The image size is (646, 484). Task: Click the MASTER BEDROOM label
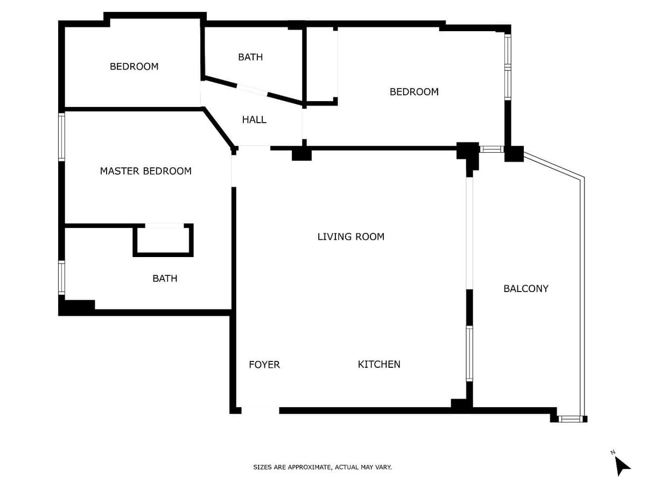[146, 170]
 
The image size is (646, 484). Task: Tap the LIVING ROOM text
[350, 237]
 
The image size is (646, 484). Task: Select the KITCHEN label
[379, 364]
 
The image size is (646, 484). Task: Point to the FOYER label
[264, 365]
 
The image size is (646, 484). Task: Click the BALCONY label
[525, 288]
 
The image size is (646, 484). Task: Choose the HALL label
[254, 119]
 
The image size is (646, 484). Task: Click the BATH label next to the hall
[250, 56]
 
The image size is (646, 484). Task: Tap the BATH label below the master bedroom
[165, 278]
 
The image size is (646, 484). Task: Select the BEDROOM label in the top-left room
[134, 66]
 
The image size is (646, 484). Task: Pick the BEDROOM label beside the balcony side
[414, 91]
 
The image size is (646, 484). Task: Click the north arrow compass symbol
[622, 466]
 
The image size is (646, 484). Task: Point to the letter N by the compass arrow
[613, 452]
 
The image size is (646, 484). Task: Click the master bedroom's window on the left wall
[61, 137]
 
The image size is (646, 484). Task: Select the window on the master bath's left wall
[61, 277]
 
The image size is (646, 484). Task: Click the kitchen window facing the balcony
[469, 353]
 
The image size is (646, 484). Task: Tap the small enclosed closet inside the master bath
[163, 240]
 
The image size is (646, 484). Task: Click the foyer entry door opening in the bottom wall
[260, 410]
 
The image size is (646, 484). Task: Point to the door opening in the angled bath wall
[252, 89]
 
